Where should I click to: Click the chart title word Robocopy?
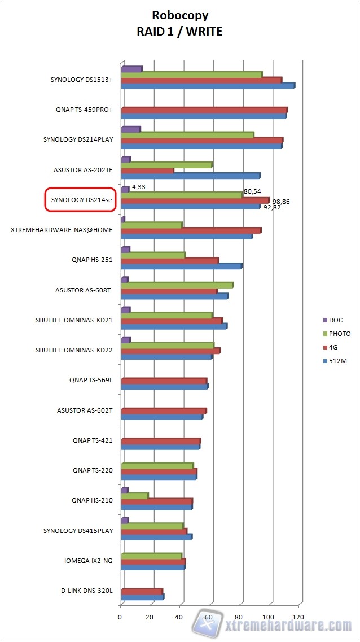coord(179,15)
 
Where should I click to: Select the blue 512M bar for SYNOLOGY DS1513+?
coord(207,86)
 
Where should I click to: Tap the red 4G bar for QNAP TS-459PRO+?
coord(204,110)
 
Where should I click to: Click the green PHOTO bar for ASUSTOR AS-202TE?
coord(166,165)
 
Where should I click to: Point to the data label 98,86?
coord(280,202)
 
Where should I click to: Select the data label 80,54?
coord(252,191)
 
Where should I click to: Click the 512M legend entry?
coord(337,361)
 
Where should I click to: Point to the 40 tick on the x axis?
coord(180,617)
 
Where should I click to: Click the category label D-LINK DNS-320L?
coord(87,591)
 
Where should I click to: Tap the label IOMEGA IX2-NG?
coord(89,561)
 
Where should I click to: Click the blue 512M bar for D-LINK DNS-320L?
coord(142,597)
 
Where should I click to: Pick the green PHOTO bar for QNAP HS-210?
coord(134,496)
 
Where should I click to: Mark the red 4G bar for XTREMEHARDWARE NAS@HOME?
coord(190,230)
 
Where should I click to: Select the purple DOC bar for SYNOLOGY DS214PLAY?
coord(130,129)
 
